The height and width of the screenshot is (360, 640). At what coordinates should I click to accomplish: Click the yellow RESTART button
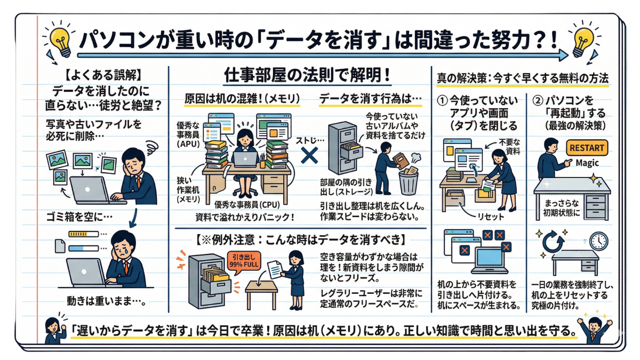tap(587, 148)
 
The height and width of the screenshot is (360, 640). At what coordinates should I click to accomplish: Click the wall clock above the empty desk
tap(599, 241)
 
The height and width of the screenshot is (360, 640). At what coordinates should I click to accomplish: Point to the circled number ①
tap(444, 100)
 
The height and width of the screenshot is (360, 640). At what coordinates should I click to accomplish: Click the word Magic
tap(587, 163)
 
